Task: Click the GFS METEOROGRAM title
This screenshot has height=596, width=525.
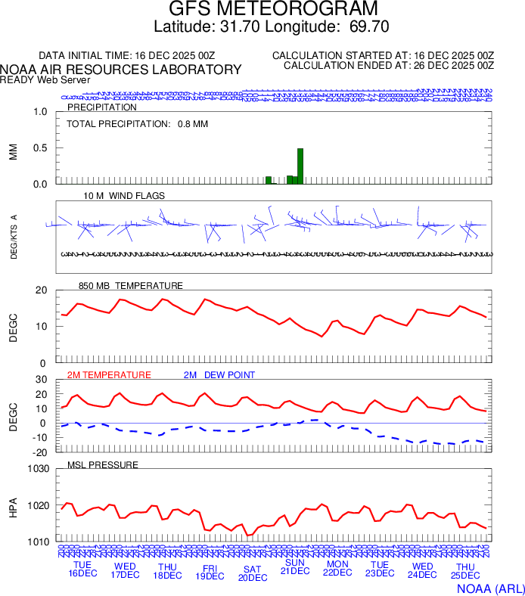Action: point(262,10)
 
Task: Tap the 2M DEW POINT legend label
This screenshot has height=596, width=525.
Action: point(219,375)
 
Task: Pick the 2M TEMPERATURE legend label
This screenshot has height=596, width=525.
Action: point(109,375)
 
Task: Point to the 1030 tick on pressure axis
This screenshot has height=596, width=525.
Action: point(39,469)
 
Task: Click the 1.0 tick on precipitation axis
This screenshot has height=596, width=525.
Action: point(41,112)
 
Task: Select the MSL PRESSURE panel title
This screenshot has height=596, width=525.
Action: point(103,464)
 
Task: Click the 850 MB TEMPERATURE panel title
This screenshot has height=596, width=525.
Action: point(130,286)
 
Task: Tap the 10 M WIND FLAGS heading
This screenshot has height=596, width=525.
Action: point(124,196)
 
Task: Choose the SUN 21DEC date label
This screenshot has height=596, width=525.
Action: point(295,567)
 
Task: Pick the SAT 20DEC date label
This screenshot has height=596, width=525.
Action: point(253,573)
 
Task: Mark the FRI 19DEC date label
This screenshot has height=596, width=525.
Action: point(210,571)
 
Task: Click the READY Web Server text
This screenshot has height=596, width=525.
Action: point(45,79)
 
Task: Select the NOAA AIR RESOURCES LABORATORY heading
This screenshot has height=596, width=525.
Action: point(121,70)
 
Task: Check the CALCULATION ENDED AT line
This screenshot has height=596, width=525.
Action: point(388,66)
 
